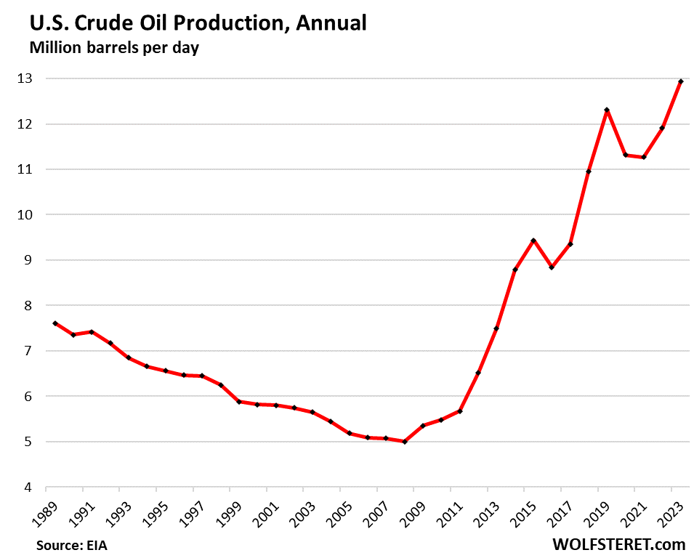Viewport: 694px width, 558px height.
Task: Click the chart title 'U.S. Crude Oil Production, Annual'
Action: click(197, 23)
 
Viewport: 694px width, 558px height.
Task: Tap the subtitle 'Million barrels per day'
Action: click(115, 49)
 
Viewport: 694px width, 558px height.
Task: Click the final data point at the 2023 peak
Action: click(680, 81)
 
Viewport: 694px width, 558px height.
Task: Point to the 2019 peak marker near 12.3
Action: click(607, 110)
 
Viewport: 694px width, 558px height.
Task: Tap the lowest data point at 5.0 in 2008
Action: click(404, 441)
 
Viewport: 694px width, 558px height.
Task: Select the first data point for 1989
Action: click(55, 323)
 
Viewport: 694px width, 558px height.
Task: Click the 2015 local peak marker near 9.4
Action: click(533, 240)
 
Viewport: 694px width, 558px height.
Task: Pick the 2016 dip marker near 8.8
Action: click(552, 267)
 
